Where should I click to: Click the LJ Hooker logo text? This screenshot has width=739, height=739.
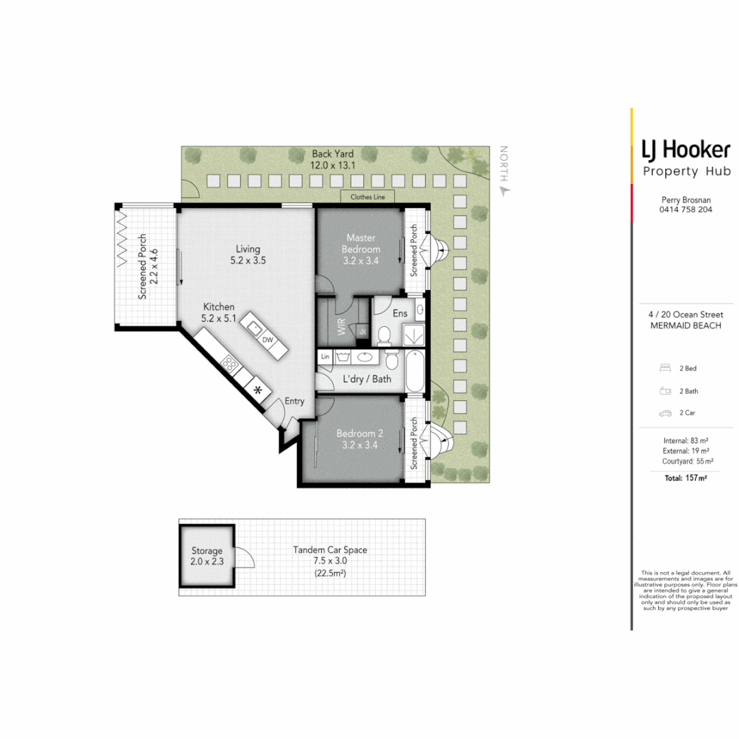point(686,149)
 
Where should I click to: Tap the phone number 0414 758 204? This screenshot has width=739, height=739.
point(686,209)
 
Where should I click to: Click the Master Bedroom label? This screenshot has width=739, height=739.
point(361,244)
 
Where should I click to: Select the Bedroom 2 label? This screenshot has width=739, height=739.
point(360,439)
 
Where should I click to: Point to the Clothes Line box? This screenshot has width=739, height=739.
point(367,197)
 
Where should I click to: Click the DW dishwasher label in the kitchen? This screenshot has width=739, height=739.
point(268,340)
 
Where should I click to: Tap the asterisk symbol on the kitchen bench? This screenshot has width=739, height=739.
point(258,390)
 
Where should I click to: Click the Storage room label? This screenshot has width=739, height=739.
point(207,556)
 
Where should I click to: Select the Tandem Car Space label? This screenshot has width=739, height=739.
point(329,555)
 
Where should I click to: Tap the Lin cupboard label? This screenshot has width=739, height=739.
point(325,356)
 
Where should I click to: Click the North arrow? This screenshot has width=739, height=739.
point(505,192)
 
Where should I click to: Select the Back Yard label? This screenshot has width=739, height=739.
point(333,159)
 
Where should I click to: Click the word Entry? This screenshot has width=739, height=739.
point(294,402)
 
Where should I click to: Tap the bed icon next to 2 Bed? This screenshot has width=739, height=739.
point(664,368)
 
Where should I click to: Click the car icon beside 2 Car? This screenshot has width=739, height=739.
point(664,413)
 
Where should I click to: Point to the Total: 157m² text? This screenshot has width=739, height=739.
point(686,478)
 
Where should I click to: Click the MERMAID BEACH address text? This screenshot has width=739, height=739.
point(686,326)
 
